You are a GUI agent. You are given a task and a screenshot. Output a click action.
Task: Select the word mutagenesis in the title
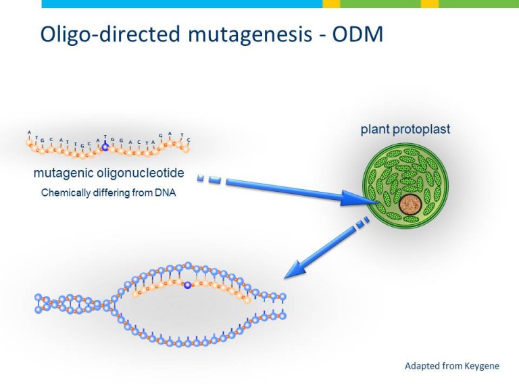pyautogui.click(x=237, y=35)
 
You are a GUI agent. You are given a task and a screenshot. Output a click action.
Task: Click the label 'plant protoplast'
pyautogui.click(x=405, y=129)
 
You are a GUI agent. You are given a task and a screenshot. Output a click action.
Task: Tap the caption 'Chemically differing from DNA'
pyautogui.click(x=108, y=192)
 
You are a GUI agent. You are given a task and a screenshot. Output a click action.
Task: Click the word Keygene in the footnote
pyautogui.click(x=481, y=366)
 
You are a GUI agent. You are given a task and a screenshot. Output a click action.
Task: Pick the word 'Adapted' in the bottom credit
pyautogui.click(x=422, y=366)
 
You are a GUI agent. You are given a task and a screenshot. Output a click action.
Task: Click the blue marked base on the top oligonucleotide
pyautogui.click(x=105, y=146)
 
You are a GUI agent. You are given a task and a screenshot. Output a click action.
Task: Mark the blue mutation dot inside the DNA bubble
pyautogui.click(x=188, y=286)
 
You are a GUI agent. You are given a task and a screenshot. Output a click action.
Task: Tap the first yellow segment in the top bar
pyautogui.click(x=331, y=4)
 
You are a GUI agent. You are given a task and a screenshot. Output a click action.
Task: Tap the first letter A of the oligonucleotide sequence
pyautogui.click(x=29, y=132)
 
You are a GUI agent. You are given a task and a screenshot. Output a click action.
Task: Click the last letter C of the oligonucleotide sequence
pyautogui.click(x=189, y=140)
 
